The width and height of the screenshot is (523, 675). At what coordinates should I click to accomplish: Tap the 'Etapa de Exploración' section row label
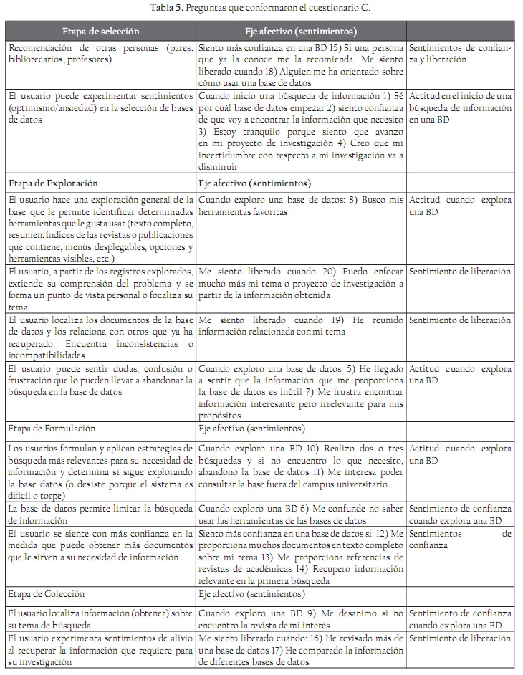(52, 183)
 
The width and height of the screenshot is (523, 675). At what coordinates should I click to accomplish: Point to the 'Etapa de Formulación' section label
(52, 429)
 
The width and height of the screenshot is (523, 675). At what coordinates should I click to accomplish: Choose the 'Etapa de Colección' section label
(47, 594)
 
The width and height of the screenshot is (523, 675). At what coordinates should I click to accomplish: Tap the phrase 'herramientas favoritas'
(242, 212)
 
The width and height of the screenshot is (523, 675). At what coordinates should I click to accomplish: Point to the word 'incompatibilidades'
(47, 354)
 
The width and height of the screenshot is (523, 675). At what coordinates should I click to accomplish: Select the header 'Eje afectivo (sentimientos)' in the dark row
(299, 32)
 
